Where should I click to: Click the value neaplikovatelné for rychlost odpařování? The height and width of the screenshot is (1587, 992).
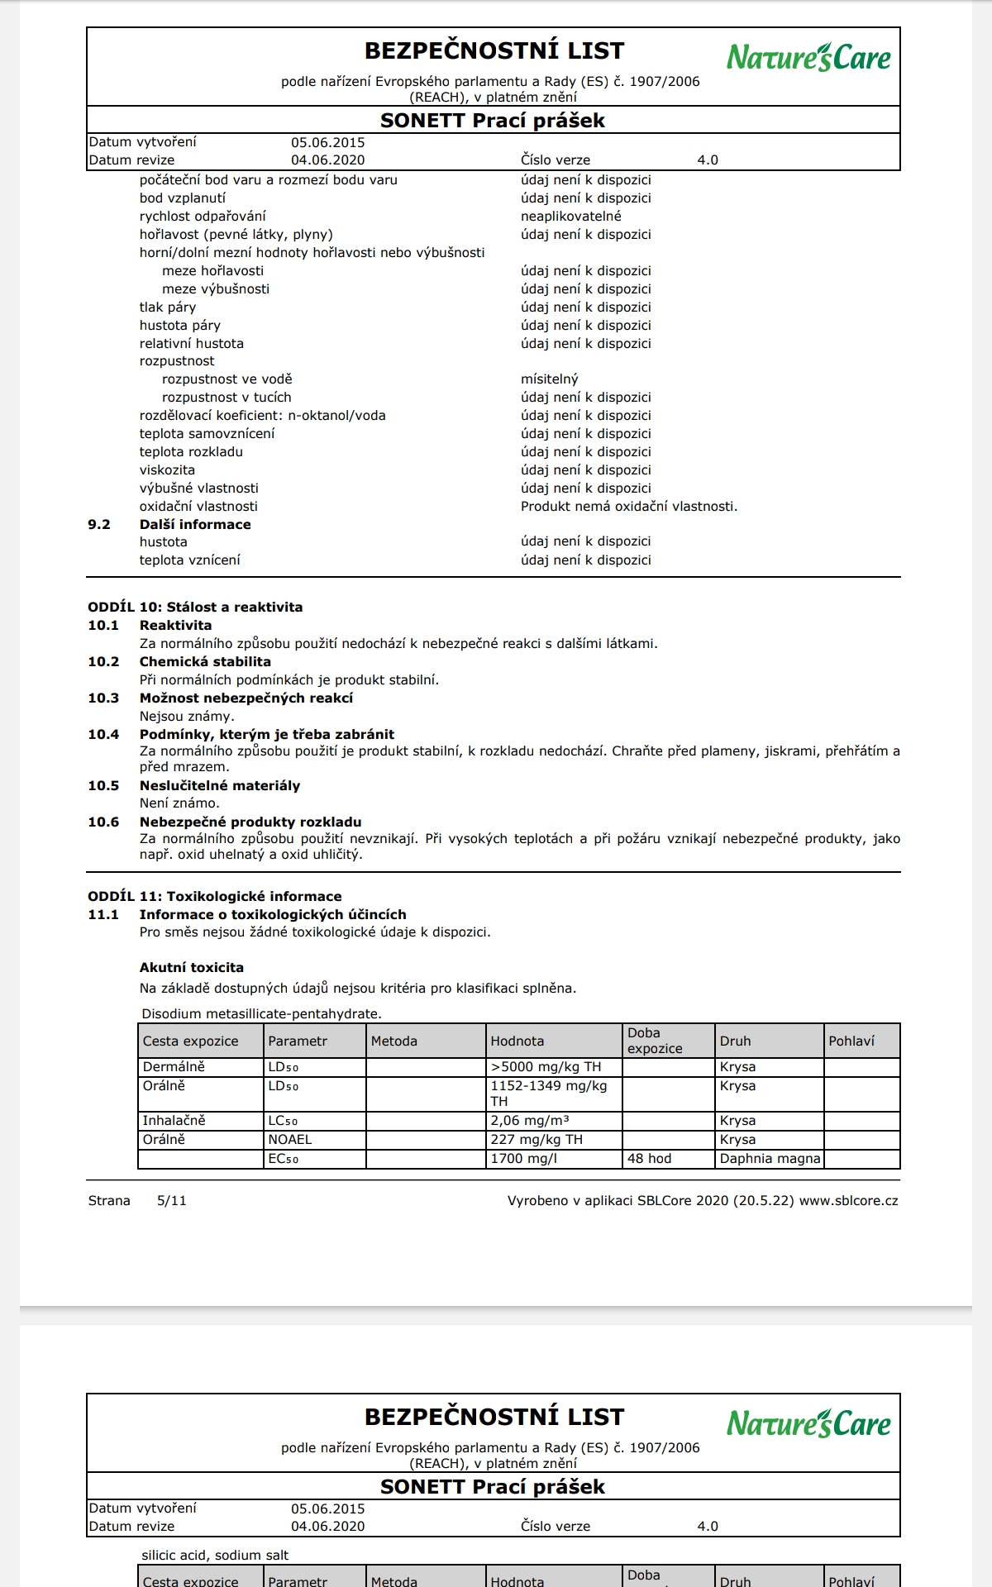570,217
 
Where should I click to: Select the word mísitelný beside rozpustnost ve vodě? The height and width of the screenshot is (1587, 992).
549,379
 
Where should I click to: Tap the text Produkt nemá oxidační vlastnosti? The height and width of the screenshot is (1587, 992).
628,507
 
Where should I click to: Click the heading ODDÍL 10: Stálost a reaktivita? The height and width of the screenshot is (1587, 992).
195,608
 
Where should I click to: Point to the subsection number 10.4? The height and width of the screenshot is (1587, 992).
103,735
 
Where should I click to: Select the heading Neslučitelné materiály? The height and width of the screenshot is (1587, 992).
219,786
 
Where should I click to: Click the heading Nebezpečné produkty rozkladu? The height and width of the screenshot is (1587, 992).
250,822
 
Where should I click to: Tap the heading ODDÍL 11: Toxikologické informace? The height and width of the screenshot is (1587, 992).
214,897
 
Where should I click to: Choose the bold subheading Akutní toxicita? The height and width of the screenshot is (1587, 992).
191,968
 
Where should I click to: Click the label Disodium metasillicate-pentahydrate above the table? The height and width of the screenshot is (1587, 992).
261,1014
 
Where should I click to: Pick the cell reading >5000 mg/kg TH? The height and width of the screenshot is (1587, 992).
546,1067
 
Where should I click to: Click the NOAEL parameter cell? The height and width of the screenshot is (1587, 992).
289,1140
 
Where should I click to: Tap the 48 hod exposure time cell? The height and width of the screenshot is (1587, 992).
649,1159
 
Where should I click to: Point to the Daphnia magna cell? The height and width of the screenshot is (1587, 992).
770,1159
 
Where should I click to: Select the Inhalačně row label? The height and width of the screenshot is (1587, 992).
174,1121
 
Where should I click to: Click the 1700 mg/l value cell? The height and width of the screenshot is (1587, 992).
523,1159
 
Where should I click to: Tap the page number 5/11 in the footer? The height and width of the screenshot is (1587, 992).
171,1201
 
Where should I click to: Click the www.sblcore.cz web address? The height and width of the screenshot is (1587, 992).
848,1201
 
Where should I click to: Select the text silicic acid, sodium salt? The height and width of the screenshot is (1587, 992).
215,1556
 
